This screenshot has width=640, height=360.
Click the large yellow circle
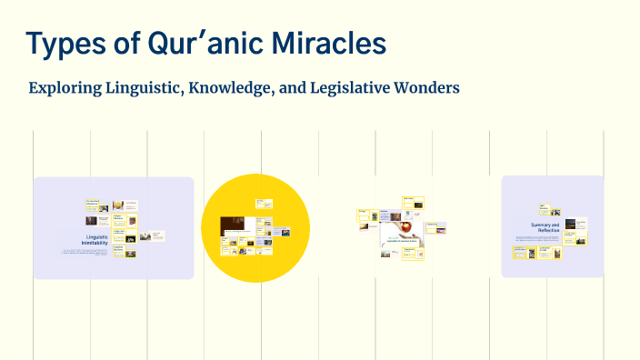tap(236, 228)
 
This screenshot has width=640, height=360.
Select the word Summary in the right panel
tap(543, 224)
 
